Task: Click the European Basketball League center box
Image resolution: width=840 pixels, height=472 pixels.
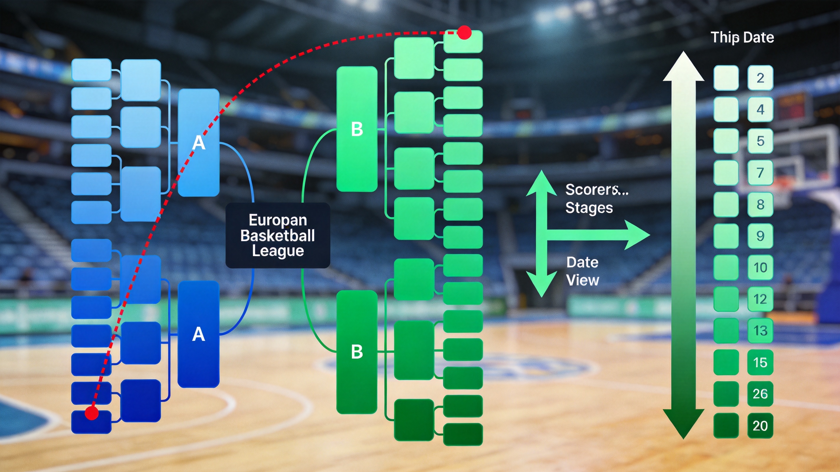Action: point(278,235)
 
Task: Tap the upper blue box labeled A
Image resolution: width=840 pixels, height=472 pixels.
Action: point(198,142)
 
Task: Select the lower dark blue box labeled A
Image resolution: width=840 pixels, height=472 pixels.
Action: point(198,334)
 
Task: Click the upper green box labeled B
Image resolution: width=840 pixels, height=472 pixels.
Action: point(357,129)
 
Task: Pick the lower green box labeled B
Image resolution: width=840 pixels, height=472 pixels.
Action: point(357,352)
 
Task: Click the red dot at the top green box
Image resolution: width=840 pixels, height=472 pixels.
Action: point(464,33)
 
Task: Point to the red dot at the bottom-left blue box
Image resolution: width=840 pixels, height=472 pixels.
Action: point(92,413)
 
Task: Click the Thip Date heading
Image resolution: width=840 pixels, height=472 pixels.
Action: point(742,37)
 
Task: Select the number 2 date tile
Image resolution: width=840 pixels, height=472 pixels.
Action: point(760,78)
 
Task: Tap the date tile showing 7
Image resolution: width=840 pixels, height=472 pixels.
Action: point(760,173)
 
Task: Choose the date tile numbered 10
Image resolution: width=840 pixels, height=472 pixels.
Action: point(760,268)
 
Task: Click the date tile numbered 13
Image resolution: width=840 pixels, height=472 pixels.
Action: point(760,331)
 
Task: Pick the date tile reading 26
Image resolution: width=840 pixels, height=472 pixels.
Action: point(760,394)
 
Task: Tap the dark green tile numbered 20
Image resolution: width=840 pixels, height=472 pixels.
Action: point(760,426)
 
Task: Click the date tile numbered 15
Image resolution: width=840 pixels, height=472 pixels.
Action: point(760,362)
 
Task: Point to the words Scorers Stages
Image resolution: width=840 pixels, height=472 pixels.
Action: point(597,199)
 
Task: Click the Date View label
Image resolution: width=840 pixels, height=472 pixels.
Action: point(583,271)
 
